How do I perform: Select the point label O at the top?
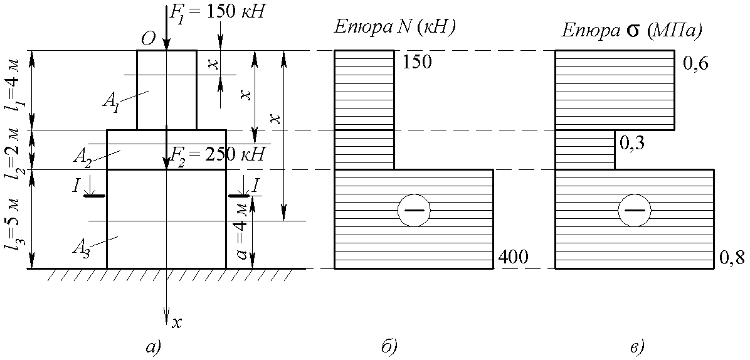coord(148,40)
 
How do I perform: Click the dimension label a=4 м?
coord(240,232)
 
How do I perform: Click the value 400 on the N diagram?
coord(514,257)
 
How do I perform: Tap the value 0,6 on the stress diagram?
coord(695,64)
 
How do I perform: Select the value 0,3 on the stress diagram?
coord(633,144)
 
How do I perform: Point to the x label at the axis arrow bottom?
coord(177,323)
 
